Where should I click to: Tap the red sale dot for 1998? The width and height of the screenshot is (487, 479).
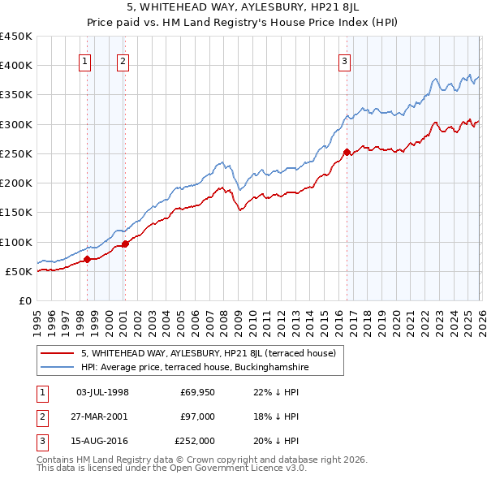(x=87, y=260)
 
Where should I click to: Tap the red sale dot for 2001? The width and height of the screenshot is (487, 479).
(x=126, y=244)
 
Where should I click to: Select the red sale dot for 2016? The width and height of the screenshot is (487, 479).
(x=347, y=152)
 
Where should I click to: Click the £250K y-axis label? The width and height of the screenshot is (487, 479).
(x=16, y=153)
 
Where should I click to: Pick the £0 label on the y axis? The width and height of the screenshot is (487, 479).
(x=24, y=300)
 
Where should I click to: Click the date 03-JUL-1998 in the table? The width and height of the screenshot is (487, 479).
(x=102, y=392)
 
